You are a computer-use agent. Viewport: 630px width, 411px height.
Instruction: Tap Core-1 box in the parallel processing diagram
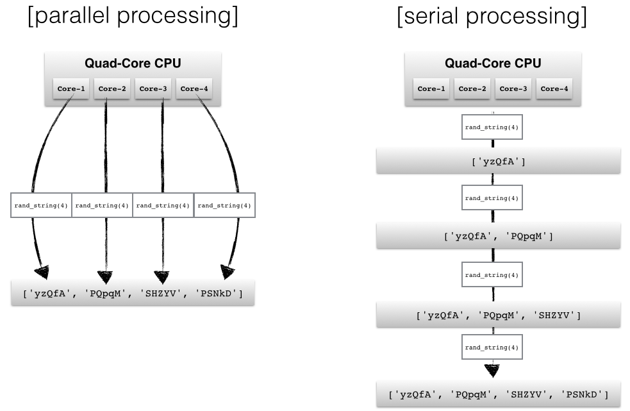(71, 89)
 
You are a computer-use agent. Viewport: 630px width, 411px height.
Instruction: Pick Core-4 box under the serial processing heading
(554, 89)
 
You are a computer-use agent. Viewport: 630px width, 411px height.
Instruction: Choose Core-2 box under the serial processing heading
(472, 89)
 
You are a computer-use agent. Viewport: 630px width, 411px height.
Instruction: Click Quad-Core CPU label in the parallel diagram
(133, 63)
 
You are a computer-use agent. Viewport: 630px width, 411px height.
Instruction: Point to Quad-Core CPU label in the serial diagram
(492, 63)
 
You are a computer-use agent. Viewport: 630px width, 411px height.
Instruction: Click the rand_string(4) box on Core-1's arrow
(41, 205)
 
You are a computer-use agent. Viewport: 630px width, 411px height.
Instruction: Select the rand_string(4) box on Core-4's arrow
(224, 205)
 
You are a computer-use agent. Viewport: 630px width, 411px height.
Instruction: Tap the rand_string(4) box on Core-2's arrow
(102, 205)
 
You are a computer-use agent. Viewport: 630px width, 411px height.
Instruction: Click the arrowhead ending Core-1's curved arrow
(42, 272)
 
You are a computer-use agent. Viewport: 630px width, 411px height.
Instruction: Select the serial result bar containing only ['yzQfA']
(498, 161)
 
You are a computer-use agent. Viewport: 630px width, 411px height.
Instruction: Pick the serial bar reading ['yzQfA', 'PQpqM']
(498, 237)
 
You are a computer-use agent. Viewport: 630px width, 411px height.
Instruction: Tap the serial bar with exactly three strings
(498, 315)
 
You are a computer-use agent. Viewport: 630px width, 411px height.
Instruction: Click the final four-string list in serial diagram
(498, 394)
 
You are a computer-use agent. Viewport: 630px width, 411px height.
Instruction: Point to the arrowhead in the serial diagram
(492, 371)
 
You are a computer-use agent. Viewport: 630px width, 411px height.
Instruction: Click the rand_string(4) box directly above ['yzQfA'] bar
(492, 128)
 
